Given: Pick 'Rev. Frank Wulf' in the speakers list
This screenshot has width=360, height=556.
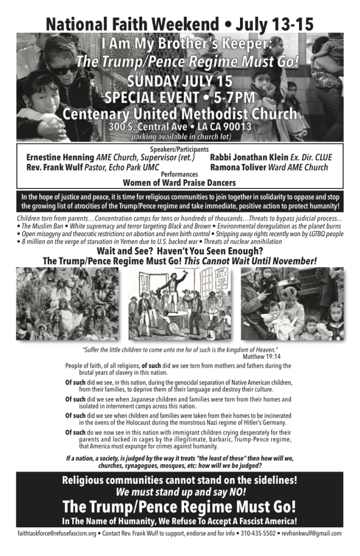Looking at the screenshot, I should tap(54, 167).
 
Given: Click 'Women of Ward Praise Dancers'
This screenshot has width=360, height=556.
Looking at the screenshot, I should tap(179, 183).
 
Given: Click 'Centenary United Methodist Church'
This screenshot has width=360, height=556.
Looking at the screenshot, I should tap(180, 114).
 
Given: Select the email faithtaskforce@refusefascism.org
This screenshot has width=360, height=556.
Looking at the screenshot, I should tap(56, 534).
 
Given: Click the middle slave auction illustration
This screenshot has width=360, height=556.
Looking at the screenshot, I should tap(180, 304).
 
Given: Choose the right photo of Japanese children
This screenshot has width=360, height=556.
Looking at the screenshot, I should tap(292, 304).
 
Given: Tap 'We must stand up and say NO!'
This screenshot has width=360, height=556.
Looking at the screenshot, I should tap(180, 492).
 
